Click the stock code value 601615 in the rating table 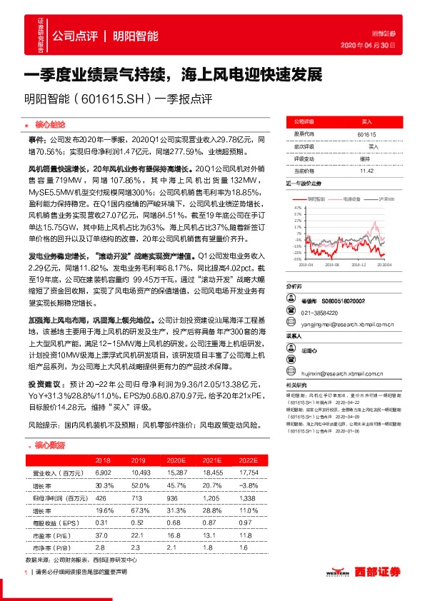[366, 134]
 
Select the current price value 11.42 [366, 171]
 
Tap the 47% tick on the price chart [298, 208]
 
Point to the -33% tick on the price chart [297, 258]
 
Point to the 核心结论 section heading [49, 123]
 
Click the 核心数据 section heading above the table [49, 445]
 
